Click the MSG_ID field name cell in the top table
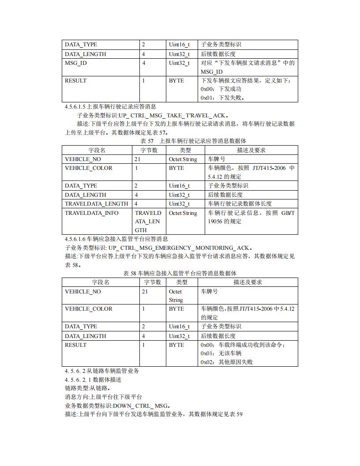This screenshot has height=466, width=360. (76, 63)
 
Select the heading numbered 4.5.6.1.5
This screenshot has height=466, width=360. (110, 106)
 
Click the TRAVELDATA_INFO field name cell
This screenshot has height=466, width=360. (92, 213)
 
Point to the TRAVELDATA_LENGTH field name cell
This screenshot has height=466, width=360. (97, 204)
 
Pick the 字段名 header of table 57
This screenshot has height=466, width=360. (97, 150)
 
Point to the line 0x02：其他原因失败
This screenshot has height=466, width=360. (227, 362)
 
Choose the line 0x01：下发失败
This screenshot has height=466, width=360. (223, 98)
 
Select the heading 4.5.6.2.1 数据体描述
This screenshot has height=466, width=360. (93, 380)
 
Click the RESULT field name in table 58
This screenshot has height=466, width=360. (76, 345)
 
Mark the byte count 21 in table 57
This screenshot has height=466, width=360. (138, 159)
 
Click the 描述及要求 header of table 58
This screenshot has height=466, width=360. (248, 282)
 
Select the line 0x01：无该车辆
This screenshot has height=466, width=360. (221, 353)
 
